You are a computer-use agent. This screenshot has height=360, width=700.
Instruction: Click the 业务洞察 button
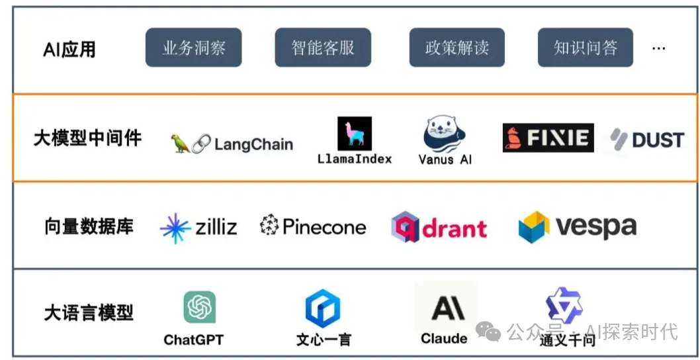pos(193,48)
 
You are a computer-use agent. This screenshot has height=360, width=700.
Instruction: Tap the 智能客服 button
pos(323,48)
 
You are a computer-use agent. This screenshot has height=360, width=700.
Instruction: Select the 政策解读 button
pos(457,48)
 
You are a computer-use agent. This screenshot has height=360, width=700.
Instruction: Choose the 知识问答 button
pos(585,48)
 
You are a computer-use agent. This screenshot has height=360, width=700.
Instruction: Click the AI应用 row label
pos(69,49)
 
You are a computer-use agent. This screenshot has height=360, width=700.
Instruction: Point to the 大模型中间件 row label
pos(87,138)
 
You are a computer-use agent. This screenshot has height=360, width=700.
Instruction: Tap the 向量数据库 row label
pos(89,226)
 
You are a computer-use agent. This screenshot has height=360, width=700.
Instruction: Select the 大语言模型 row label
pos(89,312)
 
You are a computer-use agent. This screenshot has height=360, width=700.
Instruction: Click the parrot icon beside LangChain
pos(179,143)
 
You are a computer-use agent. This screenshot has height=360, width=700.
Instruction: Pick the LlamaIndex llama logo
pos(355,134)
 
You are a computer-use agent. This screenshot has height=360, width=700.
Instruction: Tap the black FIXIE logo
pos(548,138)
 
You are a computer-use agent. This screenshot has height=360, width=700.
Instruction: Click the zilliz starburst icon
pos(175,228)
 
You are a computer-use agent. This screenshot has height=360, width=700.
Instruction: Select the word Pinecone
pos(324,227)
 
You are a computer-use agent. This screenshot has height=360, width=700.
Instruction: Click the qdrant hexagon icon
pos(405,227)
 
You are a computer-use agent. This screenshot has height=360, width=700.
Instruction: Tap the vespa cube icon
pos(534,227)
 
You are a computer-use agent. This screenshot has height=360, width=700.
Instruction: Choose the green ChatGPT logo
pos(199,307)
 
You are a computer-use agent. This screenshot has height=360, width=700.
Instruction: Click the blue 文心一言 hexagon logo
pos(323,309)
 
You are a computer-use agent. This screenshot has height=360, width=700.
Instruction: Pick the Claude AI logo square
pos(445,307)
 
